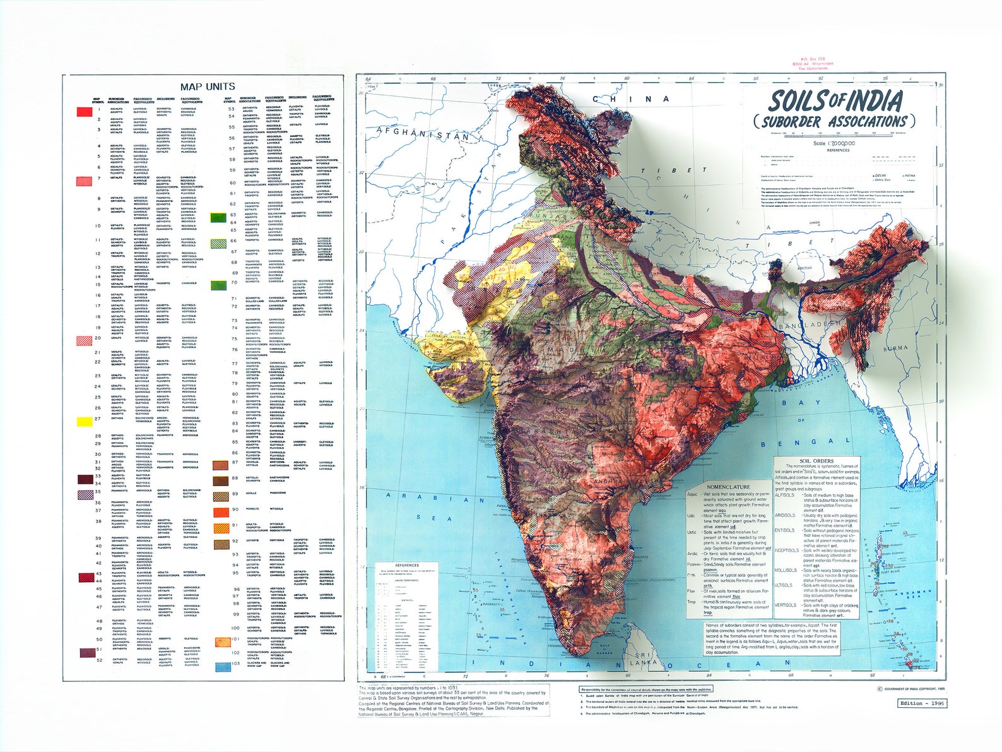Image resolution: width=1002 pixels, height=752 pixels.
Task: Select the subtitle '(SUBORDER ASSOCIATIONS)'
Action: click(833, 121)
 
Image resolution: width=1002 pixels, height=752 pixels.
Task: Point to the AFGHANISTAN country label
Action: click(422, 134)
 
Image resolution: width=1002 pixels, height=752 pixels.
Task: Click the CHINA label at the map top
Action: click(630, 99)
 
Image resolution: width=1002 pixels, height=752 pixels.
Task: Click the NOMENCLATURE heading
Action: click(728, 487)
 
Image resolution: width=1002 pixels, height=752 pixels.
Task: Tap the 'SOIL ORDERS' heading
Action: click(816, 461)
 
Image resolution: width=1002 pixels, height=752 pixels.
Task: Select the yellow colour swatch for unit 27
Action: click(85, 421)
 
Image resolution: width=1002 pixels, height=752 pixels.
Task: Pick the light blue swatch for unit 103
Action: click(222, 666)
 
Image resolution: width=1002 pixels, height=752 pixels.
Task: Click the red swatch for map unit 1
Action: click(85, 112)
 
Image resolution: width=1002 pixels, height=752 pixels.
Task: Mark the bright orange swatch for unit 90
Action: click(221, 511)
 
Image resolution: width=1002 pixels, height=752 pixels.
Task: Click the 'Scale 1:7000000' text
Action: click(838, 143)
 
